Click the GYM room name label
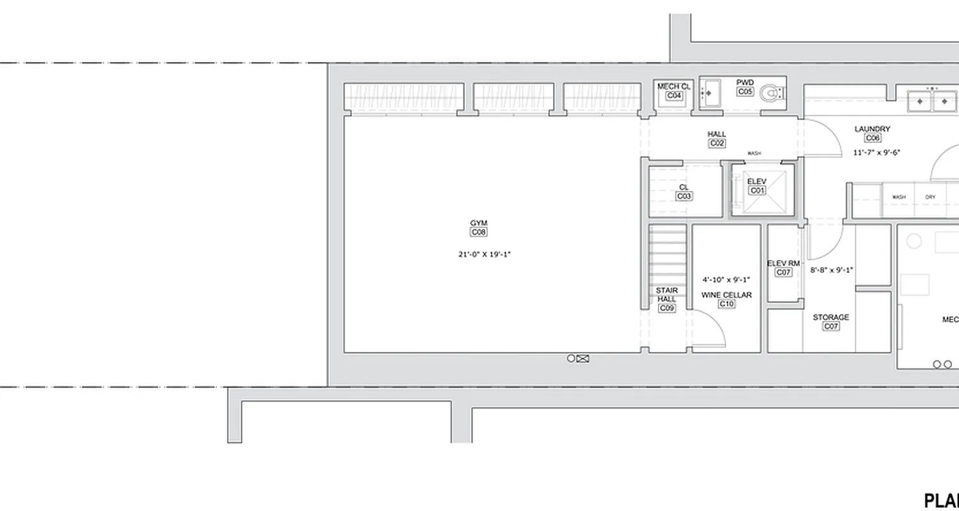[478, 223]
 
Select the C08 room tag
[478, 233]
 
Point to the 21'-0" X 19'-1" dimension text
[484, 254]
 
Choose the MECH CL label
[674, 86]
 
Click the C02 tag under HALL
[717, 144]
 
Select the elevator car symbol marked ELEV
[762, 189]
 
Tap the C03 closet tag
[684, 197]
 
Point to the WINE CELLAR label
[726, 295]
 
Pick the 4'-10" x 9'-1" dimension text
[726, 280]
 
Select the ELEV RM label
[783, 263]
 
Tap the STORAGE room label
[830, 317]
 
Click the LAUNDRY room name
[872, 129]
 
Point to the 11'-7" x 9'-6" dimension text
[877, 153]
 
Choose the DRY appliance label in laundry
[930, 197]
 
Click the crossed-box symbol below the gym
[582, 359]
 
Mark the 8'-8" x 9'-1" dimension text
[831, 270]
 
